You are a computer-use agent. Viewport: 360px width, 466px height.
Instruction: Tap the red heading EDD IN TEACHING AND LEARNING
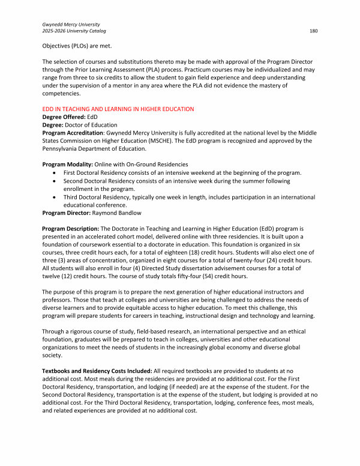[x=118, y=109]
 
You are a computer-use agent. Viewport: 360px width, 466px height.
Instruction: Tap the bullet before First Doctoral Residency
[x=55, y=172]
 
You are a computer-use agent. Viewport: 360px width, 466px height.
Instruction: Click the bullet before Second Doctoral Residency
[x=55, y=180]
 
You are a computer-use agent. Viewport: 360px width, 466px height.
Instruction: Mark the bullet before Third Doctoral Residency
[x=55, y=196]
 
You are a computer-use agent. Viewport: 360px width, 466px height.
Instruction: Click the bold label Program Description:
[x=70, y=229]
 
